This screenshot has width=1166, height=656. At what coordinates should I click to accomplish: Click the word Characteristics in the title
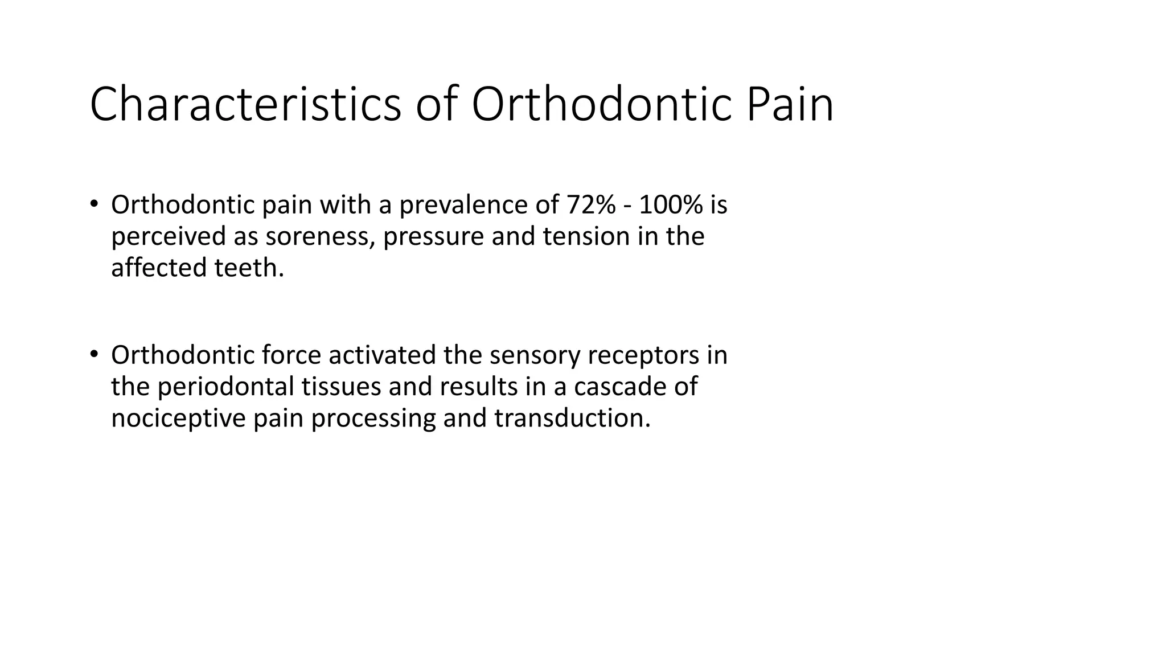coord(245,104)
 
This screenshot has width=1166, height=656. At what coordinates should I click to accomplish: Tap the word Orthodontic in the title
coord(601,104)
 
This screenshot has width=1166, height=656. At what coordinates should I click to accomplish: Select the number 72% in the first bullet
coord(591,205)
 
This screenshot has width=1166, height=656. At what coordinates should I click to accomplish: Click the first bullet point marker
coord(95,204)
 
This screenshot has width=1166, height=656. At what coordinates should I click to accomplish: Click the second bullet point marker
coord(95,354)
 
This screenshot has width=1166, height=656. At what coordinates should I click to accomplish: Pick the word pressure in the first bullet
coord(433,237)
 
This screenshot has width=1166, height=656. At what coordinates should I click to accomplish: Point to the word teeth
coord(248,268)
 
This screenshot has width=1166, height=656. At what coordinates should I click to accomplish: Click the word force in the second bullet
coord(291,355)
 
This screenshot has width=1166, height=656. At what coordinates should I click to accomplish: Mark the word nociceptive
coord(178,419)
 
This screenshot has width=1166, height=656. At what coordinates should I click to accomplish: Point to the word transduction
coord(572,419)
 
